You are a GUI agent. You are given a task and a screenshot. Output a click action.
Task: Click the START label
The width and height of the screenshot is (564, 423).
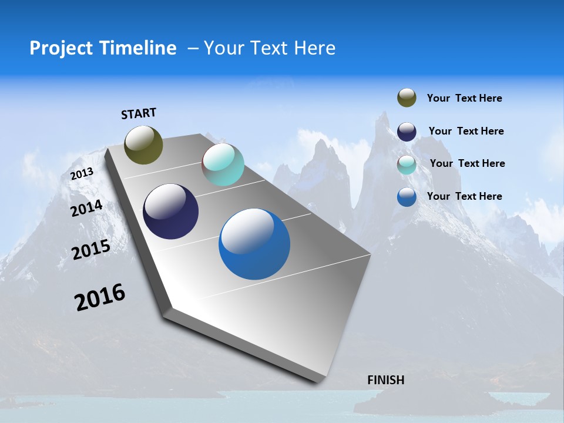139,113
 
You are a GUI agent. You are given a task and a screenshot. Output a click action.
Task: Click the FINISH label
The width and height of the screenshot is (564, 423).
385,380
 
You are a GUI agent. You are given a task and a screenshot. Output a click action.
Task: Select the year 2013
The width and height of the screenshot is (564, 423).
82,174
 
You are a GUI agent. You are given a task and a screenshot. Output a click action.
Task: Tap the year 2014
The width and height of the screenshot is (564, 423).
87,209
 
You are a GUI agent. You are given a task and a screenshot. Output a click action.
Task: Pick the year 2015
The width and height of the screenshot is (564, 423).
91,250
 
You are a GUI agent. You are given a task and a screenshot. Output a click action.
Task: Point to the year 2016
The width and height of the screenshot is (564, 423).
100,297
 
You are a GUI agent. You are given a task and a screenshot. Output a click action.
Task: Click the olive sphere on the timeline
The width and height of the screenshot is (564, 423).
143,145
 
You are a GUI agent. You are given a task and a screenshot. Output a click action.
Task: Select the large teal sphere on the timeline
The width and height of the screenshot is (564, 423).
223,164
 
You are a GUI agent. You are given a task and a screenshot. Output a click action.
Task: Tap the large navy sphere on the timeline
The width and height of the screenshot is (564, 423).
170,211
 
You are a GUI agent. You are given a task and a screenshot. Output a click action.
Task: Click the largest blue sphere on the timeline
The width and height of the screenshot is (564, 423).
254,244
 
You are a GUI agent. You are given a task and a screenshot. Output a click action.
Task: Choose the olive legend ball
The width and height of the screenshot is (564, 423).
407,98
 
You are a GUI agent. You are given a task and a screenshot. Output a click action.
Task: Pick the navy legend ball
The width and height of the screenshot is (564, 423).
407,131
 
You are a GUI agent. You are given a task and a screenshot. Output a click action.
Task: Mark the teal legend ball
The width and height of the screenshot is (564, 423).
407,164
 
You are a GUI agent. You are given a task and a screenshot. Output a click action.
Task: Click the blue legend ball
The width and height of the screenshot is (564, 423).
407,197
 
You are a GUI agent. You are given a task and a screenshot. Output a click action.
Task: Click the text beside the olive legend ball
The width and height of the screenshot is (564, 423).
464,98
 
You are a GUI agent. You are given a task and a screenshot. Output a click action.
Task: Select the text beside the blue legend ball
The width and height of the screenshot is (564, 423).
464,196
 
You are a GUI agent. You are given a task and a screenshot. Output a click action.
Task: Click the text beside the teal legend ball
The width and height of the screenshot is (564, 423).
467,163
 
